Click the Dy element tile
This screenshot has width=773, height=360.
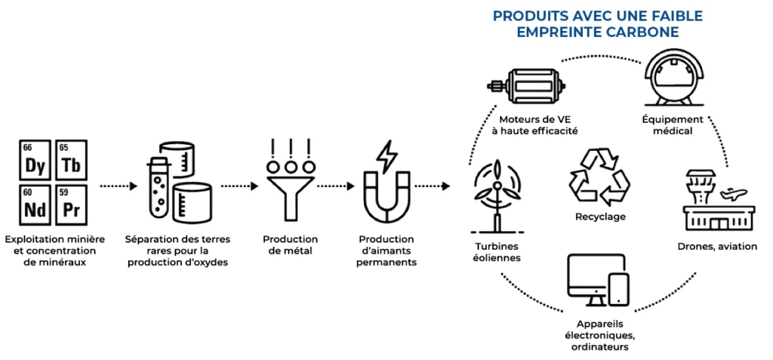click(x=35, y=161)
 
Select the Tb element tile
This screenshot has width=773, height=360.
click(x=71, y=161)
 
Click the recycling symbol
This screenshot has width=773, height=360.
click(x=599, y=176)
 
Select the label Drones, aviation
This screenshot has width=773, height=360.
click(x=716, y=246)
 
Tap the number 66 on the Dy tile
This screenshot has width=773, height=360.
click(x=27, y=147)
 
